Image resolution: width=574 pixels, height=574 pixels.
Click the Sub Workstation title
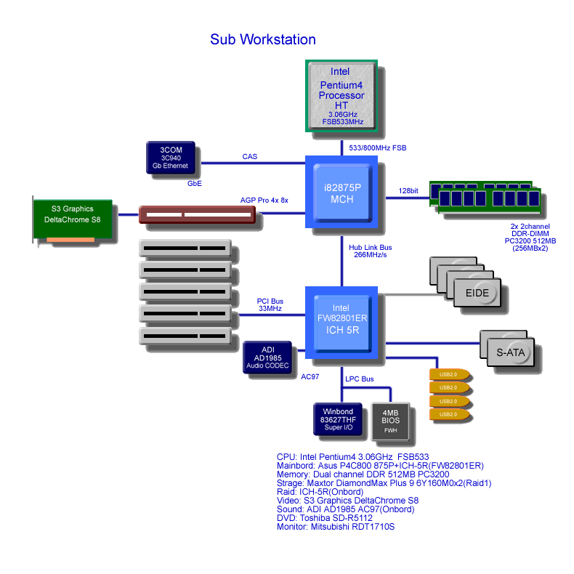click(263, 39)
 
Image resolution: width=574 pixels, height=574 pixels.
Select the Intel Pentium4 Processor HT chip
click(341, 96)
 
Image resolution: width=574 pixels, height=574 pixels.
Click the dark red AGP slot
click(197, 214)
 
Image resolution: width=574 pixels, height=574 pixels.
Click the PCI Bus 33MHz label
click(270, 305)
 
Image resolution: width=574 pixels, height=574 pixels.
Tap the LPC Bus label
click(360, 379)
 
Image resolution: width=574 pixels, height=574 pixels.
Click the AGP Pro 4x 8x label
click(264, 200)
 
